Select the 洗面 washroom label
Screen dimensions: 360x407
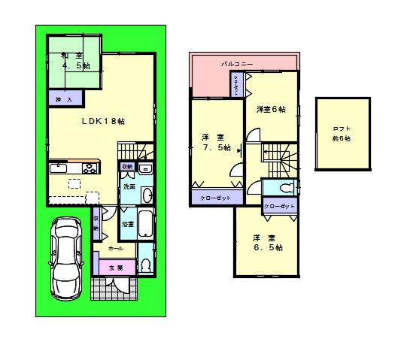[129, 186]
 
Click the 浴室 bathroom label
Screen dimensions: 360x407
[127, 223]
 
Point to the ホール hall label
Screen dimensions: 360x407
[116, 247]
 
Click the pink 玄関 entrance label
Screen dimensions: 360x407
[114, 267]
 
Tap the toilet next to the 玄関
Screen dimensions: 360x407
[144, 264]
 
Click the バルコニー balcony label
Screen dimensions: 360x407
[235, 65]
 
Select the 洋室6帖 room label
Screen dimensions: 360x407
[271, 110]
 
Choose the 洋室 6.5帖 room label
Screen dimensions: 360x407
[267, 243]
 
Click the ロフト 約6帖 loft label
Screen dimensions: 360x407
[343, 132]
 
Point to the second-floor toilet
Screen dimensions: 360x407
[284, 187]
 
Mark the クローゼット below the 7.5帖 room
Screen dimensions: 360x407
[216, 198]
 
